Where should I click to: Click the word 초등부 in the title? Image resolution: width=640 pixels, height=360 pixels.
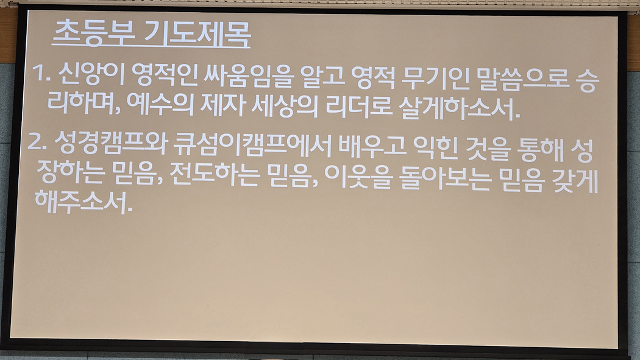tap(93, 33)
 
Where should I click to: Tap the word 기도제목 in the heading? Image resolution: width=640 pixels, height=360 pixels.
tap(197, 34)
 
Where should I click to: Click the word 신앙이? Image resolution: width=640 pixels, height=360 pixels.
tap(91, 74)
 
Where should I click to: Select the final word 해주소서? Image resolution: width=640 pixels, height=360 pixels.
tap(84, 202)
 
